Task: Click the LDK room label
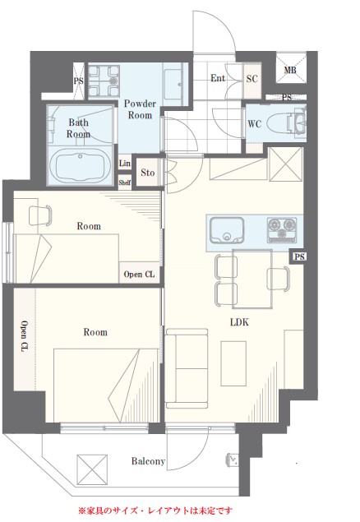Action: click(239, 322)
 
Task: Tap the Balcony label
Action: click(148, 461)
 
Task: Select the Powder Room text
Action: click(140, 109)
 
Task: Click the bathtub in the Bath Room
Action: click(80, 164)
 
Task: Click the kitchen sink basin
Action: click(227, 229)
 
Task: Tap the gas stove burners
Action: click(282, 229)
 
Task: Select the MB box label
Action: click(290, 70)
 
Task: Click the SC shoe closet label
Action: click(252, 79)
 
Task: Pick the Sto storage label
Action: click(148, 173)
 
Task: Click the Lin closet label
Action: click(125, 163)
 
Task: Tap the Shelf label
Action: click(125, 182)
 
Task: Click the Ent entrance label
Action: click(218, 78)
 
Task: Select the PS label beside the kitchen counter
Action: click(299, 256)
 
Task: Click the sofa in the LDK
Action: click(187, 368)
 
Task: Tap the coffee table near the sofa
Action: click(233, 363)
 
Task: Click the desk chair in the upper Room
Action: click(40, 215)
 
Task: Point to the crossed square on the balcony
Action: click(92, 469)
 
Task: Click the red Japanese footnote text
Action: click(155, 510)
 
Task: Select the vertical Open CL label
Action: click(25, 336)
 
